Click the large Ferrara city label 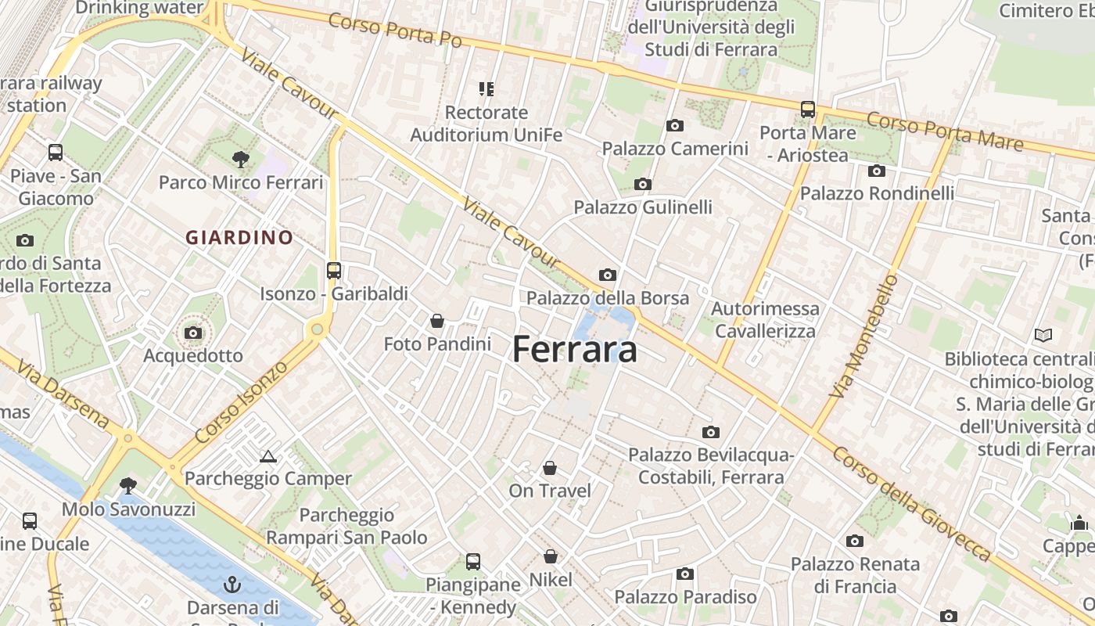click(x=575, y=350)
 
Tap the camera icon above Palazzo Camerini click(x=674, y=125)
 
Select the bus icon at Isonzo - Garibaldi click(x=334, y=271)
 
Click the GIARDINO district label click(x=239, y=237)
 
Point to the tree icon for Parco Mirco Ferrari click(x=240, y=160)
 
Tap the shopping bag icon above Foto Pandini click(x=437, y=321)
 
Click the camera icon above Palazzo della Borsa click(x=607, y=275)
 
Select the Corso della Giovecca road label click(x=911, y=504)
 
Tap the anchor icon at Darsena click(x=232, y=585)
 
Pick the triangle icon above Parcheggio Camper click(x=268, y=456)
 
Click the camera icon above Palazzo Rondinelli click(x=876, y=171)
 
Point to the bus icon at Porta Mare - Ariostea click(x=807, y=110)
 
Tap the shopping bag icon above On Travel click(x=550, y=468)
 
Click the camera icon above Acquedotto click(x=193, y=333)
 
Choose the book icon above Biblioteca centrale click(x=1043, y=336)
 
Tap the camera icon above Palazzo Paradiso click(x=685, y=574)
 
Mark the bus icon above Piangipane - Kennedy click(x=472, y=561)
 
